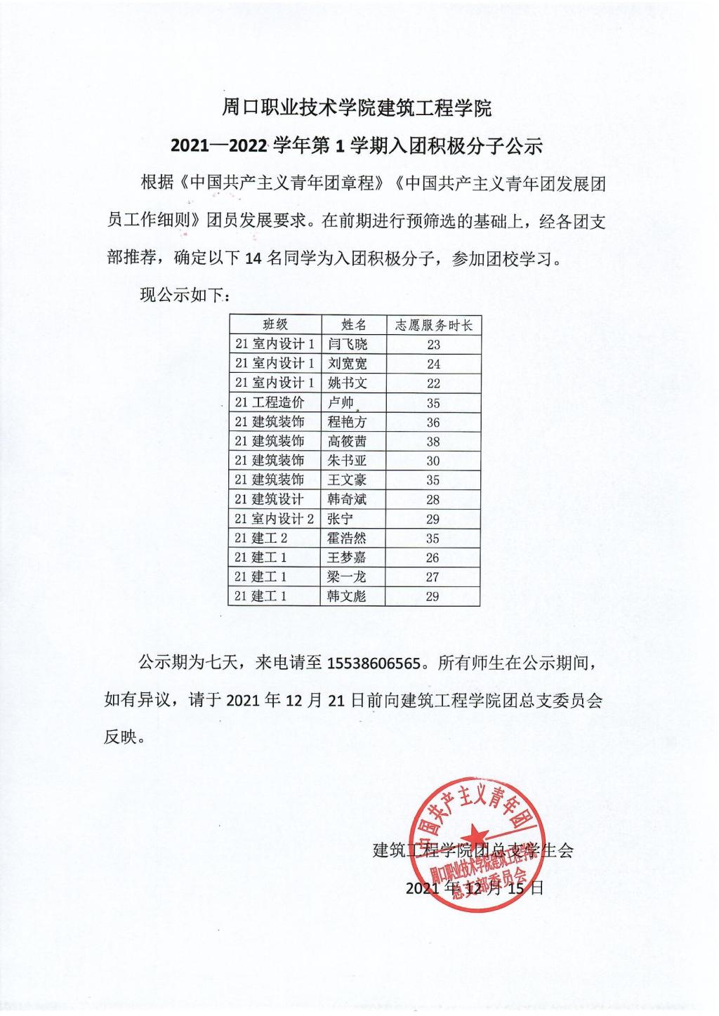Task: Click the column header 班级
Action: point(275,324)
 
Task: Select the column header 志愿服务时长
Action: point(433,324)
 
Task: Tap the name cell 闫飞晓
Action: point(348,344)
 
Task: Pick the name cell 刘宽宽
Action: point(348,364)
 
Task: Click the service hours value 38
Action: point(433,442)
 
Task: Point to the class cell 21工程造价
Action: point(270,402)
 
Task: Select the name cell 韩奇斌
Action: point(348,499)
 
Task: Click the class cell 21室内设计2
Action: point(275,519)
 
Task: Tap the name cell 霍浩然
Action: point(348,539)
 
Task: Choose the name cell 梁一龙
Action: point(348,577)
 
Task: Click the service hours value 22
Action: point(433,383)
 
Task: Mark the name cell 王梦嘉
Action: point(348,558)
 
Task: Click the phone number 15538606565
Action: point(376,663)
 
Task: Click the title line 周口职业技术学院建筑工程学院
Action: point(357,108)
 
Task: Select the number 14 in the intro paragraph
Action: point(253,258)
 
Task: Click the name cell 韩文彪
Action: point(348,596)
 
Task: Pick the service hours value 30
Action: point(433,461)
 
